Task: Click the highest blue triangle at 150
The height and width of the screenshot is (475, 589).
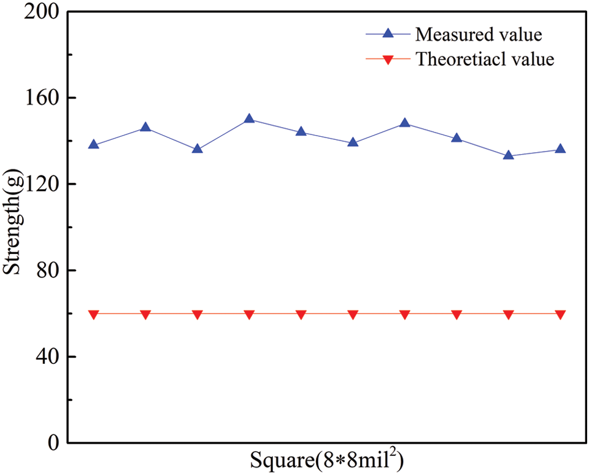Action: click(x=249, y=118)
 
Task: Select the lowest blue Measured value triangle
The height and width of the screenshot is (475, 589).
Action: click(x=509, y=155)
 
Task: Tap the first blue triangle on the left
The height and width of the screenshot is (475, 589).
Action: click(x=93, y=145)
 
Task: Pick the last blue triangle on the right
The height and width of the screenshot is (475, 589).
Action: click(x=560, y=149)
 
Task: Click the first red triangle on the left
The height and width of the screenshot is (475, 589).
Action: click(x=93, y=314)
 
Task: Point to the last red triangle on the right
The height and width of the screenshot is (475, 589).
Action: click(x=560, y=314)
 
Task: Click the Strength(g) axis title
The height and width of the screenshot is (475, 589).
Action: click(x=13, y=227)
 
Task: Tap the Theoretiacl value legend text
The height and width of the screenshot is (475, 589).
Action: click(x=485, y=60)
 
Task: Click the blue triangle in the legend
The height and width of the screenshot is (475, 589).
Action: click(x=387, y=33)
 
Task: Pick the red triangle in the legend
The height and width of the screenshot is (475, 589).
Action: click(x=387, y=60)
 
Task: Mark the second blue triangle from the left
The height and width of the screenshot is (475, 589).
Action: click(x=145, y=127)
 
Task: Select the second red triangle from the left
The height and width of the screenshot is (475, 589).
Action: click(x=145, y=314)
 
